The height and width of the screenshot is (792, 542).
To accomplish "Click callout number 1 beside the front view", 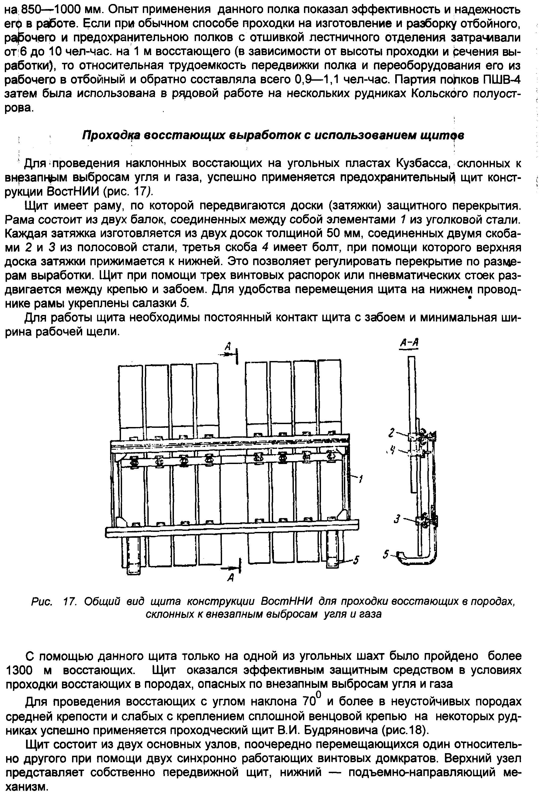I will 361,479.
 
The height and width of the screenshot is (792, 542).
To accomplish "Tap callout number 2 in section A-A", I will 391,433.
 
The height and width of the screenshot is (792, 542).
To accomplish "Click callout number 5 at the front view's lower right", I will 356,560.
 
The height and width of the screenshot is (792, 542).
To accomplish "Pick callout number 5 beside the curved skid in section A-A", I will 386,555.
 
